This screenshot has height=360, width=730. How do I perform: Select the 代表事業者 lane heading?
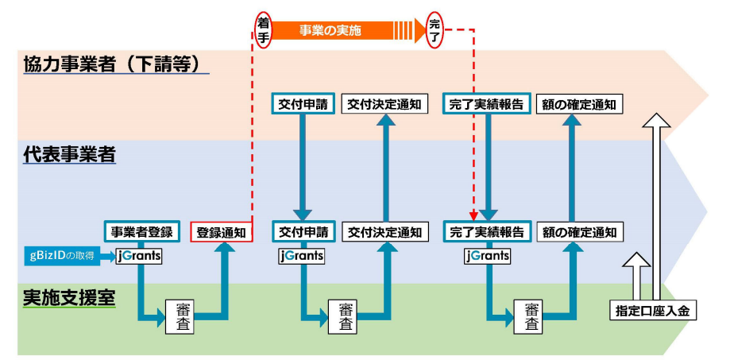pyautogui.click(x=69, y=155)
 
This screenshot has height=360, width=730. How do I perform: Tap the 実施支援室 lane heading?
pyautogui.click(x=69, y=299)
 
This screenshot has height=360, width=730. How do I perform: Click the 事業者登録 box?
pyautogui.click(x=141, y=231)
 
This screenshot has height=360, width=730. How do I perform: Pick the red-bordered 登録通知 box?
pyautogui.click(x=222, y=232)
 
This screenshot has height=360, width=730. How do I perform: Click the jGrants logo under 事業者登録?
pyautogui.click(x=139, y=257)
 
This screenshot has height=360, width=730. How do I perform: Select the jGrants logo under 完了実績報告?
pyautogui.click(x=487, y=256)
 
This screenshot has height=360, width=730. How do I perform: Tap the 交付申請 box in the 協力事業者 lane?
pyautogui.click(x=303, y=104)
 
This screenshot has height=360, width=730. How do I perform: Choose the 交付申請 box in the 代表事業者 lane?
pyautogui.click(x=303, y=231)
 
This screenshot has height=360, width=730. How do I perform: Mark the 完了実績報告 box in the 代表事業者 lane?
pyautogui.click(x=487, y=231)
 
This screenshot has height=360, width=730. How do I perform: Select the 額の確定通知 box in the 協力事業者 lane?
pyautogui.click(x=579, y=105)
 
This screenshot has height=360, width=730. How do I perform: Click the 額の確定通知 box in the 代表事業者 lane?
pyautogui.click(x=579, y=231)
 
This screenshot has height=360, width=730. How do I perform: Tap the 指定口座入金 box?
pyautogui.click(x=653, y=311)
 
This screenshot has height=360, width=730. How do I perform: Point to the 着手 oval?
pyautogui.click(x=263, y=31)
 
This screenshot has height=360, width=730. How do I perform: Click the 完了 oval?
pyautogui.click(x=435, y=31)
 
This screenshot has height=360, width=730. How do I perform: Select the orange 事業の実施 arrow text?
pyautogui.click(x=330, y=31)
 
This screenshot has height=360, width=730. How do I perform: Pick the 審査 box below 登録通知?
pyautogui.click(x=180, y=316)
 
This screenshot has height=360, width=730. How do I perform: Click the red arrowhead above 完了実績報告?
pyautogui.click(x=473, y=216)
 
